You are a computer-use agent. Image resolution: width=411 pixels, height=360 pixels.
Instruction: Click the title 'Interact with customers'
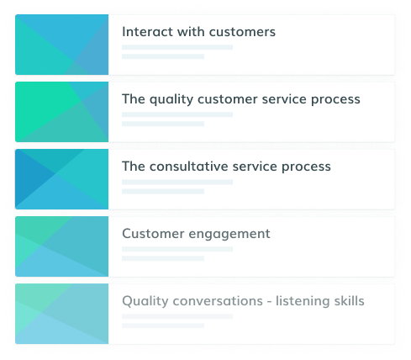pos(198,32)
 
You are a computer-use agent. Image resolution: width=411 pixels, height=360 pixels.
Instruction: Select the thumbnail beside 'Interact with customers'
pos(61,45)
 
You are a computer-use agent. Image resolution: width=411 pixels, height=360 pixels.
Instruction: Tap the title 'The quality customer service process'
pos(241,99)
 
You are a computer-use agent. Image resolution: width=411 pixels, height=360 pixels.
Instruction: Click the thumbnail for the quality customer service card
pos(61,112)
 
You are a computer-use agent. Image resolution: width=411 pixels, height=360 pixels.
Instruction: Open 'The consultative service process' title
pos(226,167)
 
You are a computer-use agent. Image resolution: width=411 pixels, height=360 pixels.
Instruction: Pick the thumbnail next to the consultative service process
pos(61,179)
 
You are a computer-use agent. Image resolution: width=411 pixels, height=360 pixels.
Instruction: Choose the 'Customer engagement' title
pos(196,234)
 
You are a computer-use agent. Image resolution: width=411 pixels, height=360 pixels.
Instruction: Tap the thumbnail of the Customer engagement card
pos(61,246)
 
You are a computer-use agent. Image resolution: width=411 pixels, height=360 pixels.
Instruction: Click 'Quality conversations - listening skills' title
pos(243,301)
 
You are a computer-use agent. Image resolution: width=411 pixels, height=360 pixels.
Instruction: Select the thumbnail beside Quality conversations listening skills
pos(61,314)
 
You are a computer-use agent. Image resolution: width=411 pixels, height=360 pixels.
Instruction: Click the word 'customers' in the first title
pos(242,32)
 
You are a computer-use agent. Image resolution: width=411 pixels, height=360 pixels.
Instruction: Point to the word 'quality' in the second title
pos(171,100)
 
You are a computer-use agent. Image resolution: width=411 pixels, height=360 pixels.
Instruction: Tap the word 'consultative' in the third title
pos(189,167)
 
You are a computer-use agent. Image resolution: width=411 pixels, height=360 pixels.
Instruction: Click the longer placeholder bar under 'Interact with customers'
pos(177,47)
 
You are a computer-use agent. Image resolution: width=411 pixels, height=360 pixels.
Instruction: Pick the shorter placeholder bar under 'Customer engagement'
pos(163,258)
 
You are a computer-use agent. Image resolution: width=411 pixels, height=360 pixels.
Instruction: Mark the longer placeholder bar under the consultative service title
pos(177,182)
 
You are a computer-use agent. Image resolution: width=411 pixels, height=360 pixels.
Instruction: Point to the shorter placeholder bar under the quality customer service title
pos(163,124)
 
